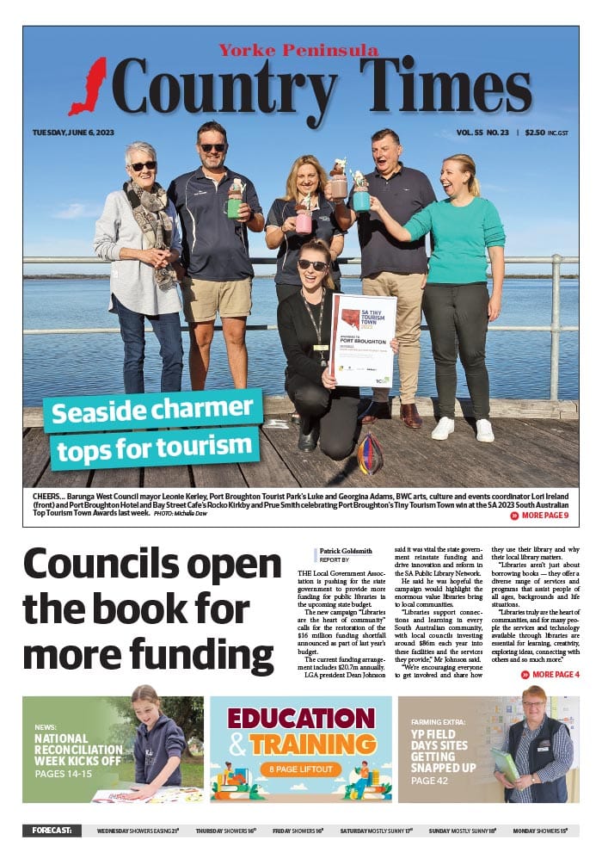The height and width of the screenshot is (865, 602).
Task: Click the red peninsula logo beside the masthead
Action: pyautogui.click(x=89, y=87)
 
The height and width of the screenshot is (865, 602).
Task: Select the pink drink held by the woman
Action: pyautogui.click(x=304, y=221)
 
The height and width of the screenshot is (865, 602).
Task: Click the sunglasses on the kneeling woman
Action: pyautogui.click(x=312, y=264)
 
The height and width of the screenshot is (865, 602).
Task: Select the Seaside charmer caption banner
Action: pyautogui.click(x=155, y=430)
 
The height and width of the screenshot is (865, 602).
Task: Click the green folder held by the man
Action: pyautogui.click(x=505, y=763)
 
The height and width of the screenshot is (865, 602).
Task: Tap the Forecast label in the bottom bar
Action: pyautogui.click(x=52, y=831)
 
